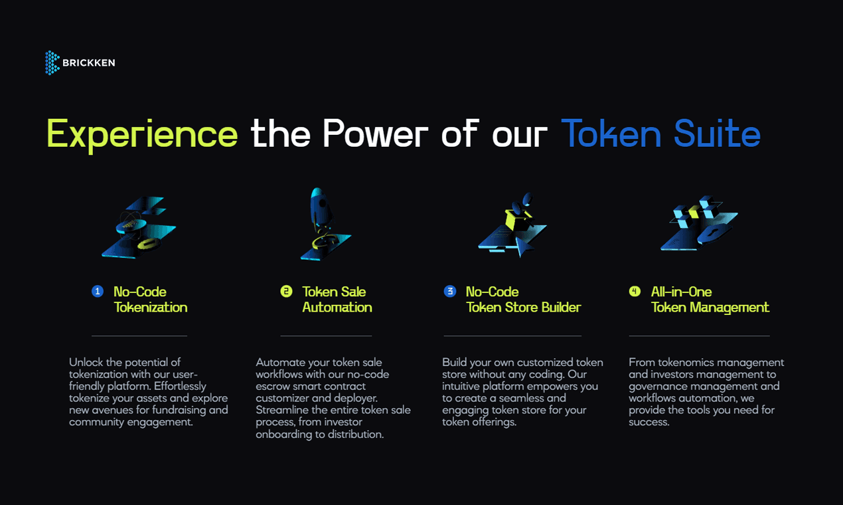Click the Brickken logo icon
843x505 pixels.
[52, 62]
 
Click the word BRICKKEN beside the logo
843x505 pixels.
[89, 63]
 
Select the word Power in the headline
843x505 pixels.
[375, 133]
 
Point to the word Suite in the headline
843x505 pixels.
[717, 133]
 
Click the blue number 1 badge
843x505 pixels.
[98, 291]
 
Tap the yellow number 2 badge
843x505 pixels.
[286, 291]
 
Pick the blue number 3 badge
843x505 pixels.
[450, 291]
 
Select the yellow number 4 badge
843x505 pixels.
[635, 291]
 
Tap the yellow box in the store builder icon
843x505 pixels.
[518, 220]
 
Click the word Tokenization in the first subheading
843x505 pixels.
[151, 308]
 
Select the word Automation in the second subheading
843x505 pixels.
[337, 308]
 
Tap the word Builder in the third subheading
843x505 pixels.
[561, 308]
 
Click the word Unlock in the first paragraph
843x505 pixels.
[86, 362]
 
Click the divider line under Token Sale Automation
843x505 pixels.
[326, 336]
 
